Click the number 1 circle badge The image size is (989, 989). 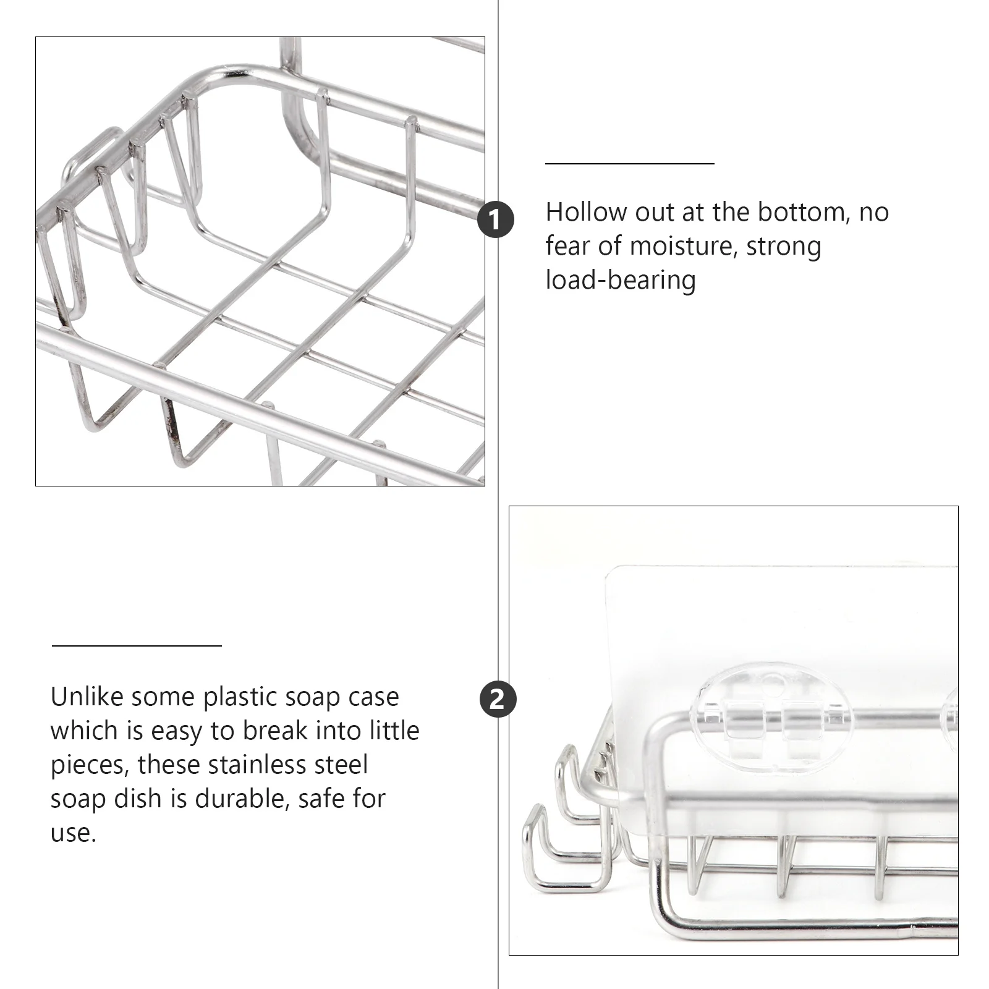[x=496, y=219]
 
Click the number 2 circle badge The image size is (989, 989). [x=497, y=700]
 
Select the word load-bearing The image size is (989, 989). [x=621, y=280]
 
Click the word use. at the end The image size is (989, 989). [x=73, y=833]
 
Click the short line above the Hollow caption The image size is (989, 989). [x=629, y=164]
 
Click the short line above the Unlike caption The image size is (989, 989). [x=137, y=646]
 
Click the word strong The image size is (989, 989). [x=784, y=246]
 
